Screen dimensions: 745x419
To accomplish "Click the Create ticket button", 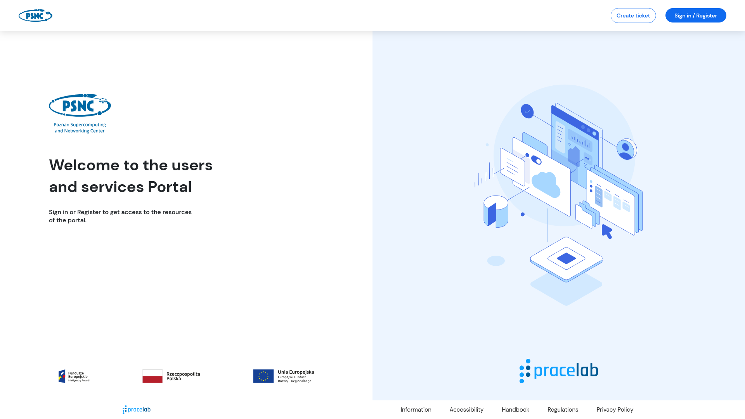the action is [x=633, y=16].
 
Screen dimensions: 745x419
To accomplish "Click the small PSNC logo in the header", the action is [x=35, y=16].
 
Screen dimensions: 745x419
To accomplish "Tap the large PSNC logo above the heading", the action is [x=80, y=113].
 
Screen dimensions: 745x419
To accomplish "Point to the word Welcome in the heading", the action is [x=84, y=165].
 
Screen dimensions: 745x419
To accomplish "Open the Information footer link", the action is [x=416, y=410].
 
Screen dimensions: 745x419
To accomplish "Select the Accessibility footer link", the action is [x=466, y=410].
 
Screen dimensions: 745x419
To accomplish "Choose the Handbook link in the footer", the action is [x=515, y=410].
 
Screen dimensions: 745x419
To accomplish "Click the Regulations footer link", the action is [x=563, y=410].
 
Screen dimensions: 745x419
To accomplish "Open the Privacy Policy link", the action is [x=615, y=410].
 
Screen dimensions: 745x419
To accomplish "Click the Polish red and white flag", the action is [x=152, y=376].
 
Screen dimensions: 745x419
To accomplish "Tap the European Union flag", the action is [x=263, y=376].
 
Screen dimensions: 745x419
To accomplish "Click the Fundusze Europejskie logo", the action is [x=74, y=376].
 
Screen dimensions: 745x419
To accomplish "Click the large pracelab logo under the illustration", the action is [x=559, y=371].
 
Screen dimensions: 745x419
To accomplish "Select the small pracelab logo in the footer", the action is [x=137, y=410].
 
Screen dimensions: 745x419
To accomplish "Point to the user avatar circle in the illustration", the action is [x=626, y=149].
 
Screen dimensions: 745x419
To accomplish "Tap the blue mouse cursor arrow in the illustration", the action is [x=607, y=232].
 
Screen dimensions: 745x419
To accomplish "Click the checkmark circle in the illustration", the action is [x=527, y=111].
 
